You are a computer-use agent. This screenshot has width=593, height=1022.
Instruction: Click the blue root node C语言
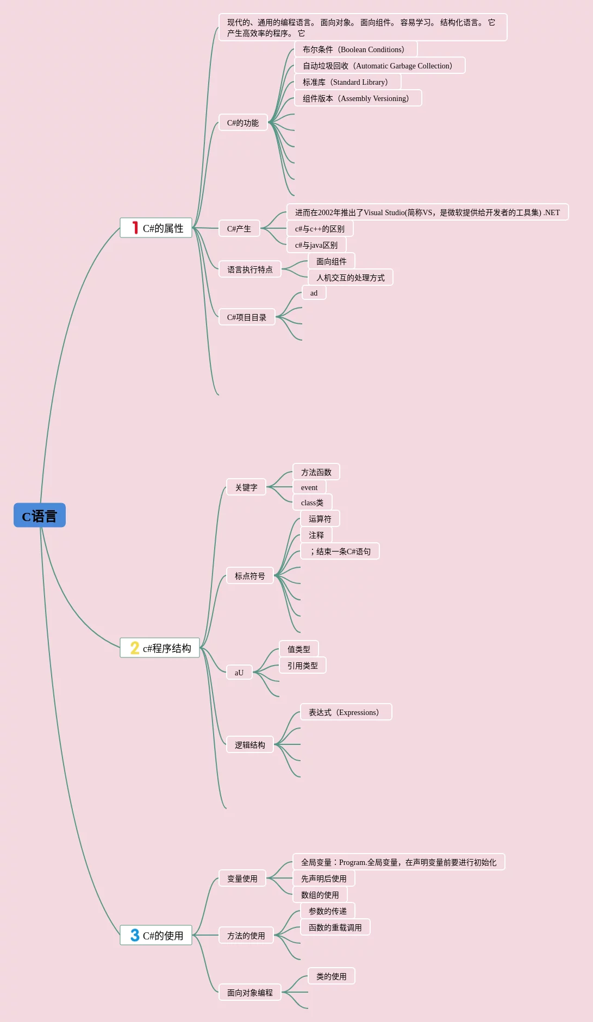click(40, 516)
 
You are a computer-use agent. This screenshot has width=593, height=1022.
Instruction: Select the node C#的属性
click(157, 228)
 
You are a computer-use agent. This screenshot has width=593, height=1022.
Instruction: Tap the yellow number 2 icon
click(135, 648)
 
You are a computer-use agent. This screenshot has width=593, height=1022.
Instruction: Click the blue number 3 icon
click(135, 935)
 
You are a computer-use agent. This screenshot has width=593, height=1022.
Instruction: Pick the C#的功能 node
click(243, 123)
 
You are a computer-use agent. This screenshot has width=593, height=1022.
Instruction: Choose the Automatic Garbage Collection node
click(379, 66)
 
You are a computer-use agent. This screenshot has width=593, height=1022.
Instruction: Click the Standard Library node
click(347, 82)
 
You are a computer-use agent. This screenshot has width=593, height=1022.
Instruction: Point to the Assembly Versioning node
click(358, 98)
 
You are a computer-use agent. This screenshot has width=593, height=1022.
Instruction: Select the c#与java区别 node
click(316, 245)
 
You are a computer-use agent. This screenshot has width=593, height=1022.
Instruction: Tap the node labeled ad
click(314, 293)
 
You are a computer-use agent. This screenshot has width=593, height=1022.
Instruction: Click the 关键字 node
click(246, 487)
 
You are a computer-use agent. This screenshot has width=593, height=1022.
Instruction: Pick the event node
click(309, 487)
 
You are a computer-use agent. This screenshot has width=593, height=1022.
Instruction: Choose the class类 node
click(312, 503)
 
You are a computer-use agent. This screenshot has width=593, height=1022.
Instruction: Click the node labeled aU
click(239, 673)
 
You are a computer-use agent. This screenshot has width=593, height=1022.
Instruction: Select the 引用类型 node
click(303, 666)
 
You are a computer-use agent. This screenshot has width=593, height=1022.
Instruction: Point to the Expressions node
click(346, 712)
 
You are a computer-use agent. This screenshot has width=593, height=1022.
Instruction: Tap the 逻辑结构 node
click(250, 745)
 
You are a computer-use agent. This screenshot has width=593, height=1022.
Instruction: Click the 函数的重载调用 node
click(335, 927)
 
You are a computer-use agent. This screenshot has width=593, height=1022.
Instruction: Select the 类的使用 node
click(332, 976)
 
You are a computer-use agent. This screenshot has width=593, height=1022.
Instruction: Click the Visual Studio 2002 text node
click(427, 212)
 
